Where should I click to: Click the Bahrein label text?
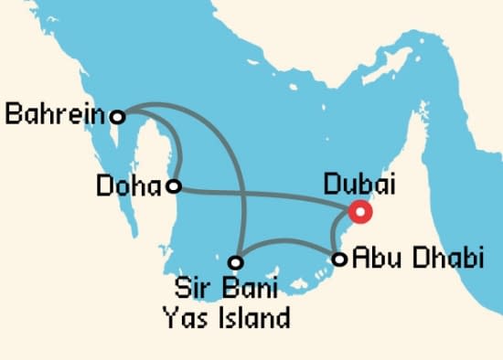(55, 115)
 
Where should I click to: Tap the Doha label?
(127, 186)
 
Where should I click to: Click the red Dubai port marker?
(360, 212)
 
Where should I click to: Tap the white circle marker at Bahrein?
(116, 115)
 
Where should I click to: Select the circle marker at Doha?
(172, 186)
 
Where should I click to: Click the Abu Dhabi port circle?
(339, 259)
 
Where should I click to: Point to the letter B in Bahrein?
(14, 115)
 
